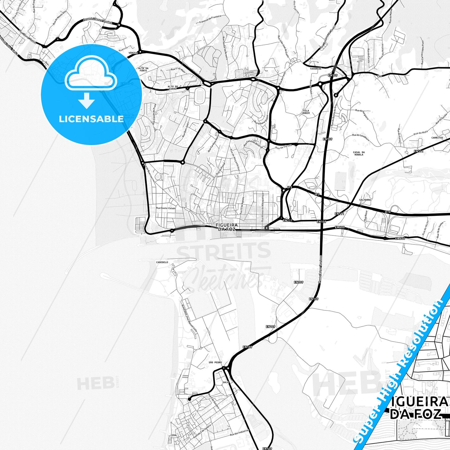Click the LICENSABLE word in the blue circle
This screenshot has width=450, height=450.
(x=91, y=119)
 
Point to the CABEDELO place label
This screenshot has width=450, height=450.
(x=162, y=262)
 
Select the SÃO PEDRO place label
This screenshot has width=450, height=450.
(x=215, y=362)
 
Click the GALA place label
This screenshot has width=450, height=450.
(x=226, y=382)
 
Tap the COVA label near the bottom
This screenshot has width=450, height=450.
(x=174, y=435)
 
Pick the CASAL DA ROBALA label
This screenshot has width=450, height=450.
(x=359, y=153)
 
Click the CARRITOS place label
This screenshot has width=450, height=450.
(x=437, y=138)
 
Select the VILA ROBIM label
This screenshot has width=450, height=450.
(x=306, y=112)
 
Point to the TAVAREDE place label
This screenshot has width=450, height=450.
(x=315, y=69)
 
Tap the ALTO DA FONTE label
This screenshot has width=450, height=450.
(x=143, y=69)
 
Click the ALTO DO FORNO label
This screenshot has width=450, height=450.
(x=173, y=88)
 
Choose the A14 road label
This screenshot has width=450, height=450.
(x=387, y=212)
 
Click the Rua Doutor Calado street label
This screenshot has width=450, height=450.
(x=166, y=208)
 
